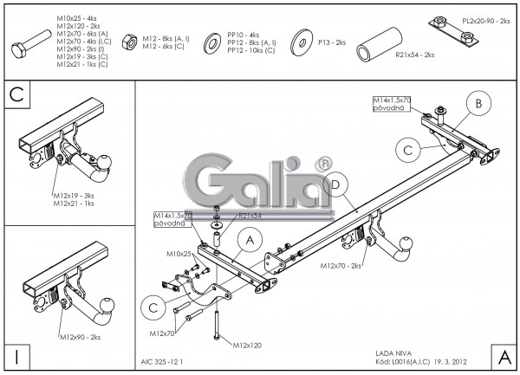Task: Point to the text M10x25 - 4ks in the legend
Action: pos(76,16)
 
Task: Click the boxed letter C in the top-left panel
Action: pos(16,94)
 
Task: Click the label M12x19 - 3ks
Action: pos(73,197)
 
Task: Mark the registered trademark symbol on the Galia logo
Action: pos(322,162)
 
